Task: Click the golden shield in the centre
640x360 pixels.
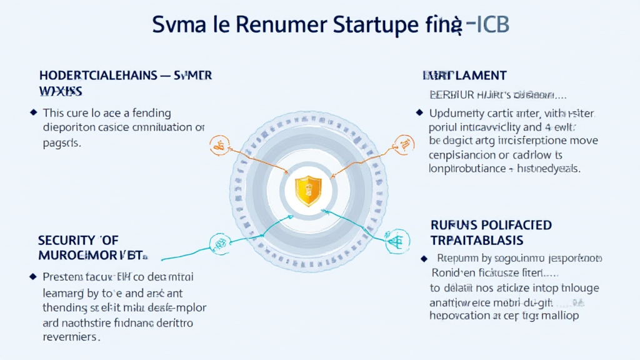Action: [307, 190]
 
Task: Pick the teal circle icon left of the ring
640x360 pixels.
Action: [219, 241]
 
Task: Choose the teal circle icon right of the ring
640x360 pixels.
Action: [397, 241]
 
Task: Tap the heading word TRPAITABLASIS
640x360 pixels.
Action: [477, 240]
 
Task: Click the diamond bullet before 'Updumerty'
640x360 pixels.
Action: [418, 112]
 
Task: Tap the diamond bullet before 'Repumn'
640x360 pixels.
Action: [424, 257]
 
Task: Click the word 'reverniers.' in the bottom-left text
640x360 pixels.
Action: [71, 337]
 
